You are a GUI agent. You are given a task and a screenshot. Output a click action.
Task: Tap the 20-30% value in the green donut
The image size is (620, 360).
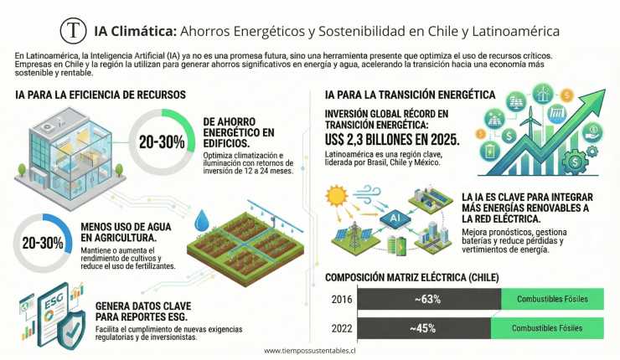(161, 141)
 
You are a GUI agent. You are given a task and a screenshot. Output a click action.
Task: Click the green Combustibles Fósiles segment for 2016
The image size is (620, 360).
(552, 299)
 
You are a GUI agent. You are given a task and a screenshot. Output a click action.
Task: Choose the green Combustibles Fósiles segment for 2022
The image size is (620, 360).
(552, 327)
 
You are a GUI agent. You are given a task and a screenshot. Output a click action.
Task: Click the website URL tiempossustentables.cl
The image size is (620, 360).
(310, 352)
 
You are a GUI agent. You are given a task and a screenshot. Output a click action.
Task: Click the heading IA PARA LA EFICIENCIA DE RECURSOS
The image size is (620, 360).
(101, 95)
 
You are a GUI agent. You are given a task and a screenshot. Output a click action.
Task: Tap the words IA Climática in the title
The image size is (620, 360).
(136, 31)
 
